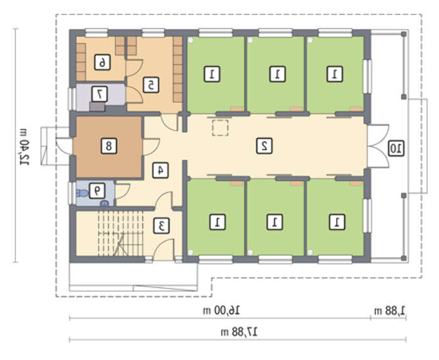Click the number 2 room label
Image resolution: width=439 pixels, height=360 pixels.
264,146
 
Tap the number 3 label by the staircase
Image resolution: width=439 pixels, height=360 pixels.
162,226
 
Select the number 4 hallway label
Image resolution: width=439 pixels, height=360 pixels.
161,170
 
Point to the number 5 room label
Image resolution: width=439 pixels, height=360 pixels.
151,85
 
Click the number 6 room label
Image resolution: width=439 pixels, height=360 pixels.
102,62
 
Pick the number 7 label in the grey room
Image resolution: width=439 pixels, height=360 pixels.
99,94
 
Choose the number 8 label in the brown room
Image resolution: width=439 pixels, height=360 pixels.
108,146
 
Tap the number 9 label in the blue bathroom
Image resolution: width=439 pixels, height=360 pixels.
97,191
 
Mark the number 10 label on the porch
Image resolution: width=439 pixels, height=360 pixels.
396,148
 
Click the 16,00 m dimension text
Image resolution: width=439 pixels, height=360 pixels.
222,310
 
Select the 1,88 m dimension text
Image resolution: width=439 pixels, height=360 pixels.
390,310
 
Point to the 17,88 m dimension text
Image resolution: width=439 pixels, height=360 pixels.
240,332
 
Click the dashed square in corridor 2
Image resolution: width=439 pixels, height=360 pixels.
220,128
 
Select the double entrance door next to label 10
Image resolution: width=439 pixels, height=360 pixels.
378,146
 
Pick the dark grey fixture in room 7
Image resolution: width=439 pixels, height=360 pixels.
97,107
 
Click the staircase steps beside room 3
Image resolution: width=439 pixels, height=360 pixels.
120,233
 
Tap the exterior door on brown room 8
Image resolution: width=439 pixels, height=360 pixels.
65,146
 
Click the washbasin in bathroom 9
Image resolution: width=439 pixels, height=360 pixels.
105,203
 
